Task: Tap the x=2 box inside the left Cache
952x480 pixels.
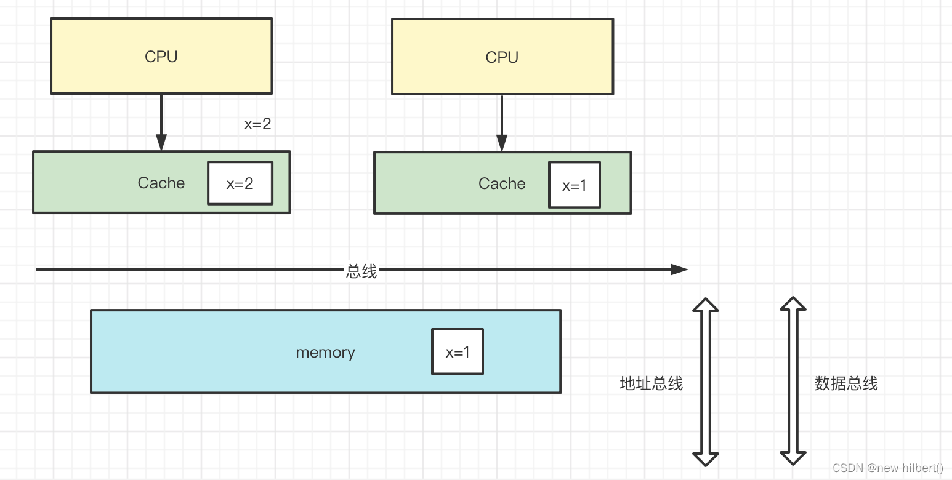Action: (240, 183)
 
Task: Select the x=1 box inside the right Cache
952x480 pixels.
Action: (575, 185)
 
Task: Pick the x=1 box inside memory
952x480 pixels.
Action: (458, 351)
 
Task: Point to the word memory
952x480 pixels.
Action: (325, 353)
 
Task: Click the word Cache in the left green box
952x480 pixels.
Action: (161, 183)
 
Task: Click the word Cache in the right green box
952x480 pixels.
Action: (502, 183)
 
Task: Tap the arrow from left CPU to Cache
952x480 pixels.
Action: (161, 123)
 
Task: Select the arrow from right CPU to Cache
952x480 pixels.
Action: (502, 123)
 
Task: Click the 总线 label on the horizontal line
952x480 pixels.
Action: (361, 271)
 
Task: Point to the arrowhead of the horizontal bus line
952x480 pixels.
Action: (680, 269)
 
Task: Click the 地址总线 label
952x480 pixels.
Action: (651, 383)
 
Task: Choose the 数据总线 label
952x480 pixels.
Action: (846, 383)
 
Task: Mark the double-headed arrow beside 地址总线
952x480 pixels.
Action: (706, 382)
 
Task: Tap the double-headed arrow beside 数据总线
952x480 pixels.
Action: (793, 382)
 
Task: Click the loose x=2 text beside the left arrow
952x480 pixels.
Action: (257, 124)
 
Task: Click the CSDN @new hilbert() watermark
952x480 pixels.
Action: (887, 468)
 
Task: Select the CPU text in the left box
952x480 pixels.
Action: (161, 57)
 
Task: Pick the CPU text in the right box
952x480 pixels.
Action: (502, 57)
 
